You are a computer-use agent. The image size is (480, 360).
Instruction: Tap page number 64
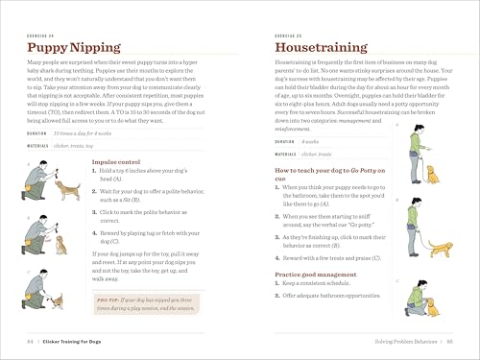tap(31, 341)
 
